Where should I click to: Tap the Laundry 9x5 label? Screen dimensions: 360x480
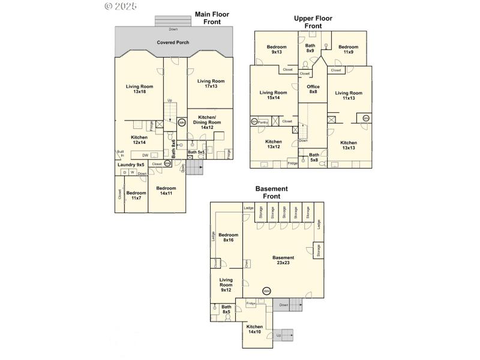point(131,164)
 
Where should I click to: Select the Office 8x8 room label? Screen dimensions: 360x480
point(313,89)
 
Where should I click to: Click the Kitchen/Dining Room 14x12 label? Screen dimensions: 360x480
point(207,122)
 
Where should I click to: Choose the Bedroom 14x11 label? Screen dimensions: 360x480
point(166,191)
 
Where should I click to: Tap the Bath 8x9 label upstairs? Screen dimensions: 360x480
point(310,48)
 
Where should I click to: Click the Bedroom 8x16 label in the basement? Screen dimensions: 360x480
point(228,238)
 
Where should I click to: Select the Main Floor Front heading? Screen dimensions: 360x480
point(212,18)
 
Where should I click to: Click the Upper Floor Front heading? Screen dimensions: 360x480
point(313,22)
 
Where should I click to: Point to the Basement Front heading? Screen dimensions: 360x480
point(271,192)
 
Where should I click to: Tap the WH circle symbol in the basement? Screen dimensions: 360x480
point(266,291)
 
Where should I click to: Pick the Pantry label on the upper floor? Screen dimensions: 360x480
point(263,122)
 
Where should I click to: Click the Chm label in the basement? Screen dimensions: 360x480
point(247,263)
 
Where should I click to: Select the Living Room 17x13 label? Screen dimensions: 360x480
point(211,84)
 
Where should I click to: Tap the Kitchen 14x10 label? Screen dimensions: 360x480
point(254,329)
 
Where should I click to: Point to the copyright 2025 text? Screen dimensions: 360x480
point(121,6)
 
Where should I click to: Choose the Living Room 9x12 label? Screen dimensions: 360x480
point(226,286)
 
